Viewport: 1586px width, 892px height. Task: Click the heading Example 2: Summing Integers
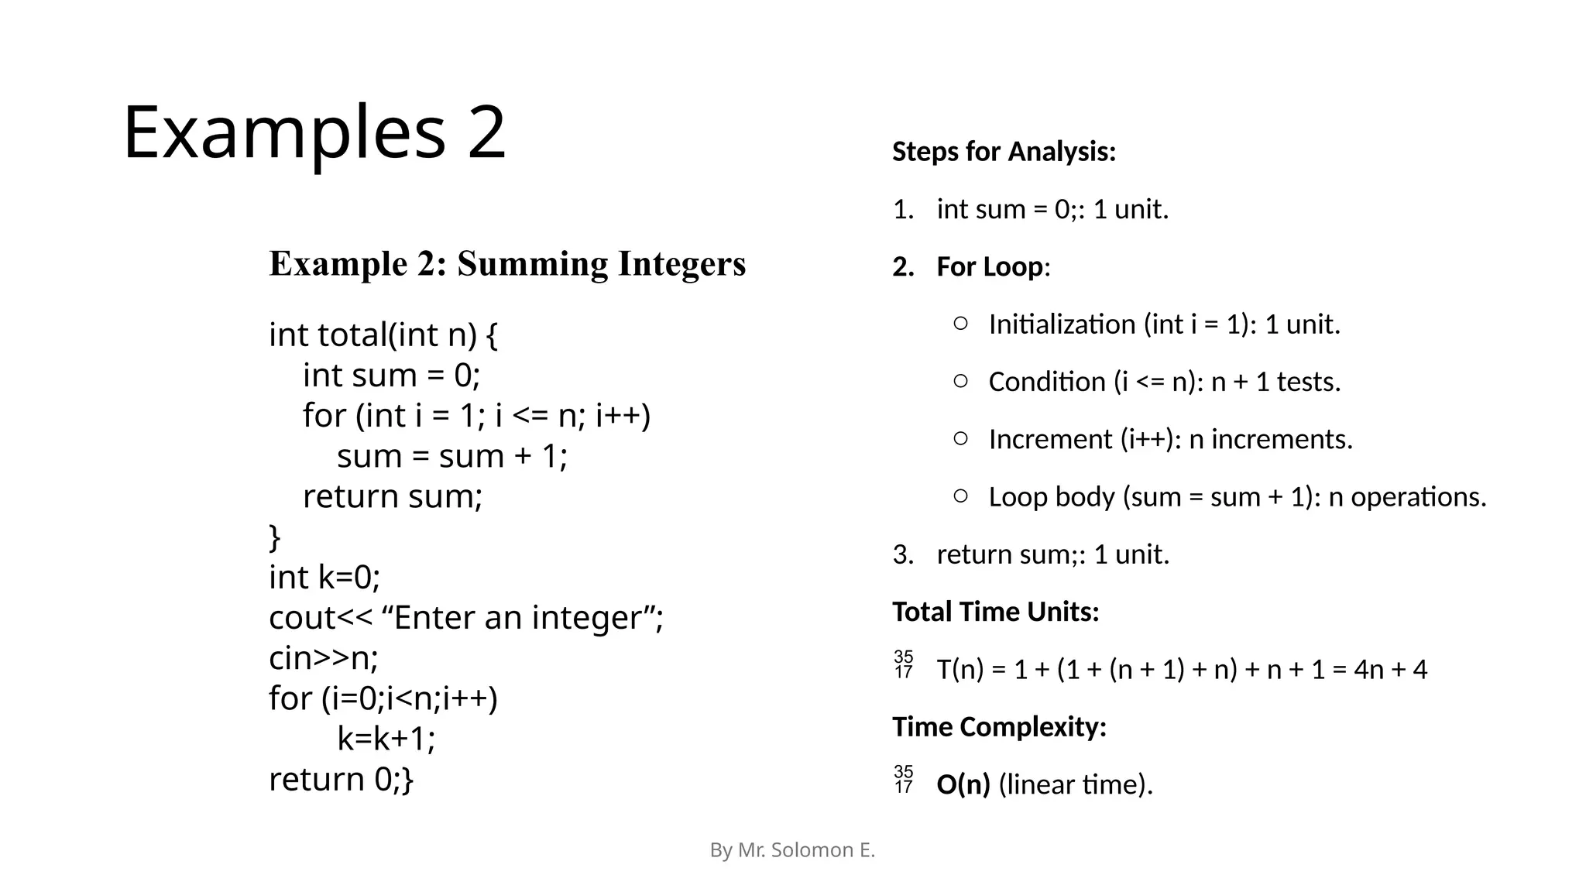click(x=507, y=264)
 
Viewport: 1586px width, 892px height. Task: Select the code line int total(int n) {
click(x=383, y=335)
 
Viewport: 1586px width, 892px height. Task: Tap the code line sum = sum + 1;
click(x=452, y=456)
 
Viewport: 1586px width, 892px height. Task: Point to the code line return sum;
click(x=393, y=496)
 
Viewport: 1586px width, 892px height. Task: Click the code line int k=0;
click(x=324, y=578)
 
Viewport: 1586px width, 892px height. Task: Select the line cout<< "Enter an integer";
click(x=466, y=618)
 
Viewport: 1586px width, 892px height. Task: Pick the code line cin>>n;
click(x=324, y=658)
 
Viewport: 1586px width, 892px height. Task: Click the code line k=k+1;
click(x=386, y=739)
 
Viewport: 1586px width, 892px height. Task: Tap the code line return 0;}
click(x=342, y=779)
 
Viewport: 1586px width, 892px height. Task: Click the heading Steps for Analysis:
click(x=1004, y=152)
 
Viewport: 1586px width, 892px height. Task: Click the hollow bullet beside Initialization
click(x=960, y=324)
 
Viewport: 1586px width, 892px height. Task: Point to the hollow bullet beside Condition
click(x=960, y=381)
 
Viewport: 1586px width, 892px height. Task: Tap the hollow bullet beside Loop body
click(x=960, y=496)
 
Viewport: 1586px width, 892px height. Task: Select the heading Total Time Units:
click(x=995, y=612)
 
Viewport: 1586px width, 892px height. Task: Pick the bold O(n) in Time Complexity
click(x=963, y=785)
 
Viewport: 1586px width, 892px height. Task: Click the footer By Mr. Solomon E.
click(x=792, y=850)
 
